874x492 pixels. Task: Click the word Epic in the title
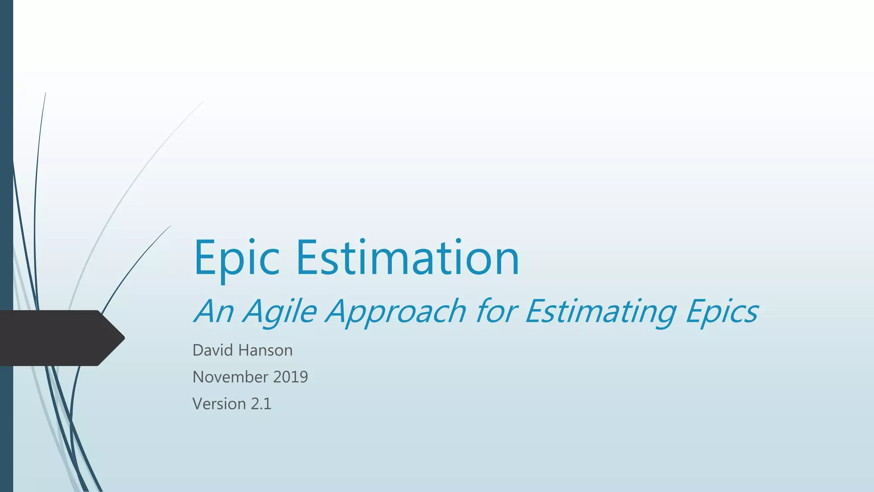tap(237, 259)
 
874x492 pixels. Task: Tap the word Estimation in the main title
tap(408, 258)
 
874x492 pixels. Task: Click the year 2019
tap(291, 377)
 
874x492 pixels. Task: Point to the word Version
tap(219, 404)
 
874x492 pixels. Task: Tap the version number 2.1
tap(261, 404)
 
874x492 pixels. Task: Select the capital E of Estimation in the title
tap(308, 258)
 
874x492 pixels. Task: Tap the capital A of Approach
tap(340, 311)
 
